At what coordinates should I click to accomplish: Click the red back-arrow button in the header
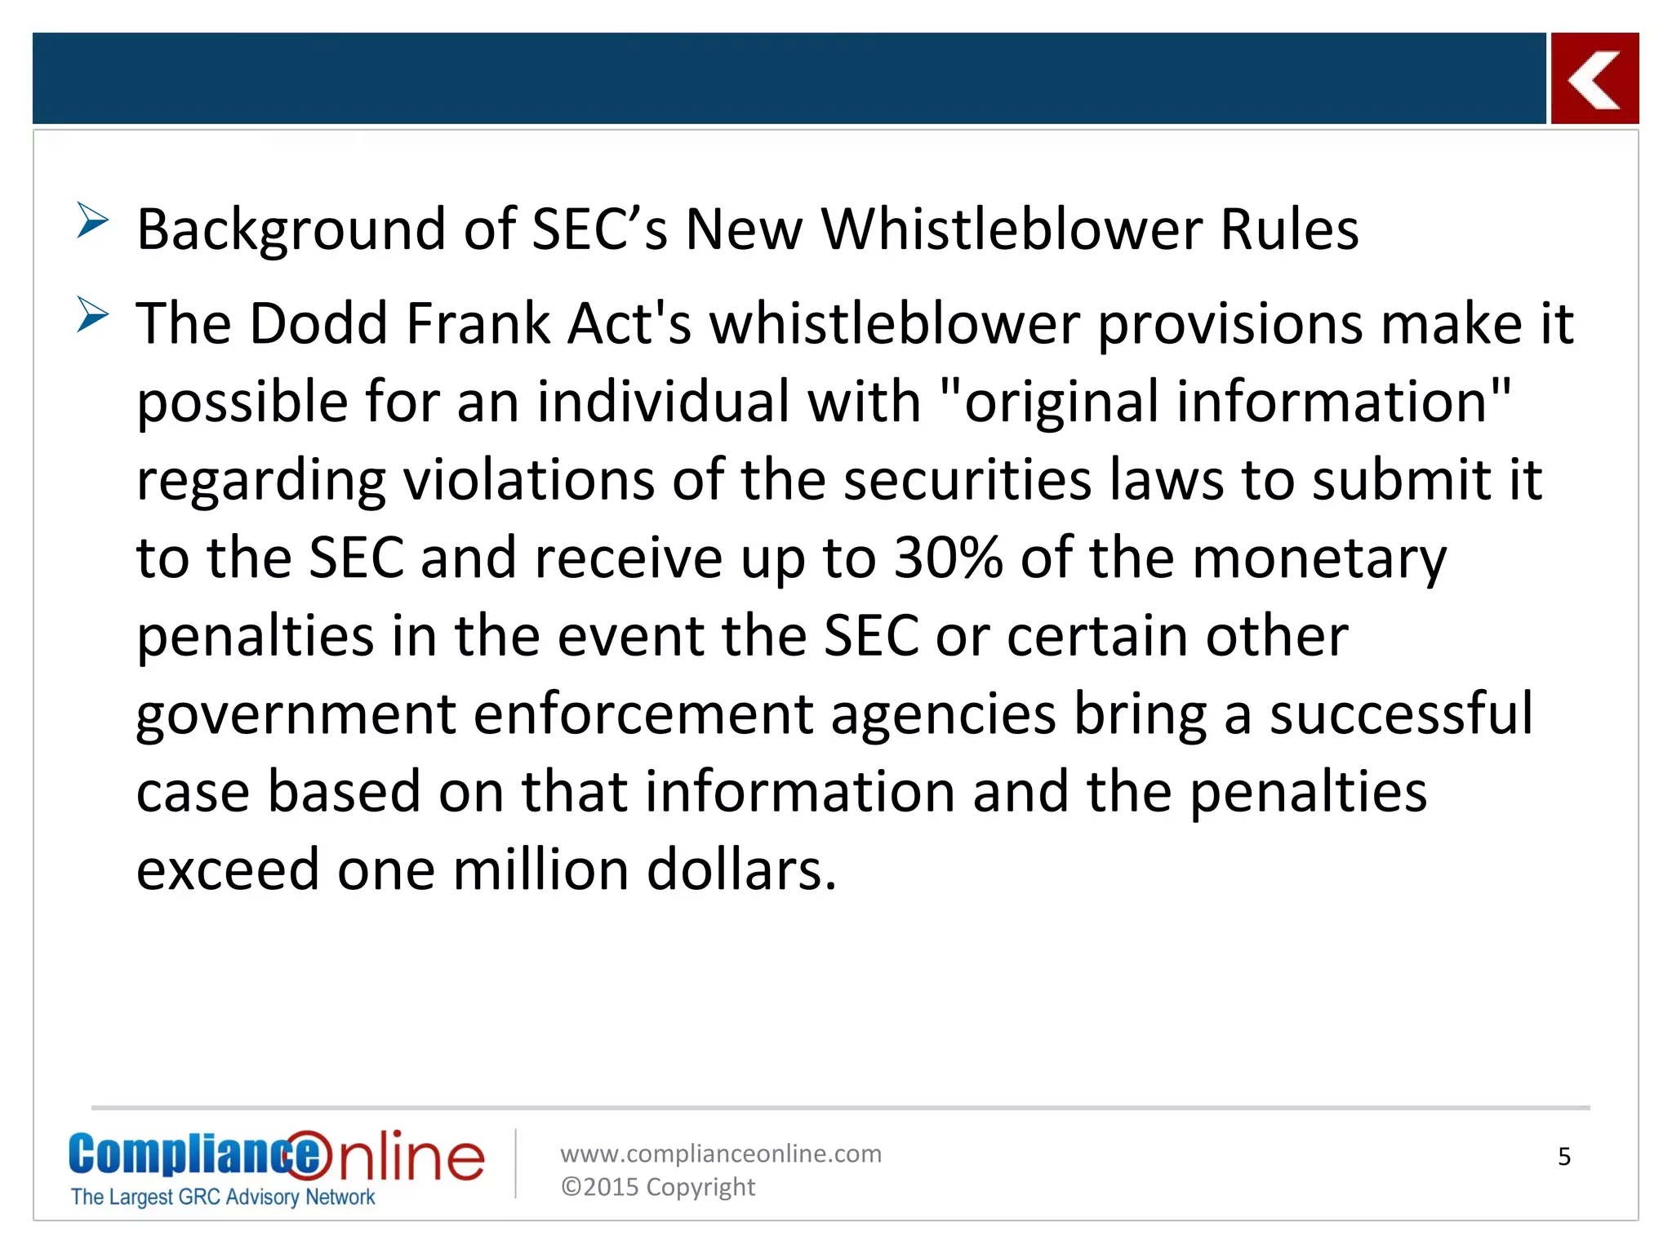pyautogui.click(x=1594, y=79)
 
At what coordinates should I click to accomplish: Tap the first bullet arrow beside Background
pyautogui.click(x=92, y=220)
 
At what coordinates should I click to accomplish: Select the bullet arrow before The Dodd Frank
pyautogui.click(x=92, y=314)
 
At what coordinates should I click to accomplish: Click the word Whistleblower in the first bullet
pyautogui.click(x=1011, y=229)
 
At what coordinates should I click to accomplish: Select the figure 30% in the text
pyautogui.click(x=948, y=558)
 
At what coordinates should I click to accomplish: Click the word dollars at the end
pyautogui.click(x=741, y=870)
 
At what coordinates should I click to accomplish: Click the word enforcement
pyautogui.click(x=643, y=714)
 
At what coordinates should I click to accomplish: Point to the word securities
pyautogui.click(x=967, y=480)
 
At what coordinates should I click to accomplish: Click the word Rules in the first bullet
pyautogui.click(x=1289, y=229)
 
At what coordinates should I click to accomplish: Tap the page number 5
pyautogui.click(x=1564, y=1157)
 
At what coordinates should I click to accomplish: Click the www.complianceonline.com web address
pyautogui.click(x=721, y=1154)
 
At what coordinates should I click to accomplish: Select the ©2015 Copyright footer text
pyautogui.click(x=658, y=1187)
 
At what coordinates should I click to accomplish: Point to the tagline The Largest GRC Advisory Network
pyautogui.click(x=223, y=1197)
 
